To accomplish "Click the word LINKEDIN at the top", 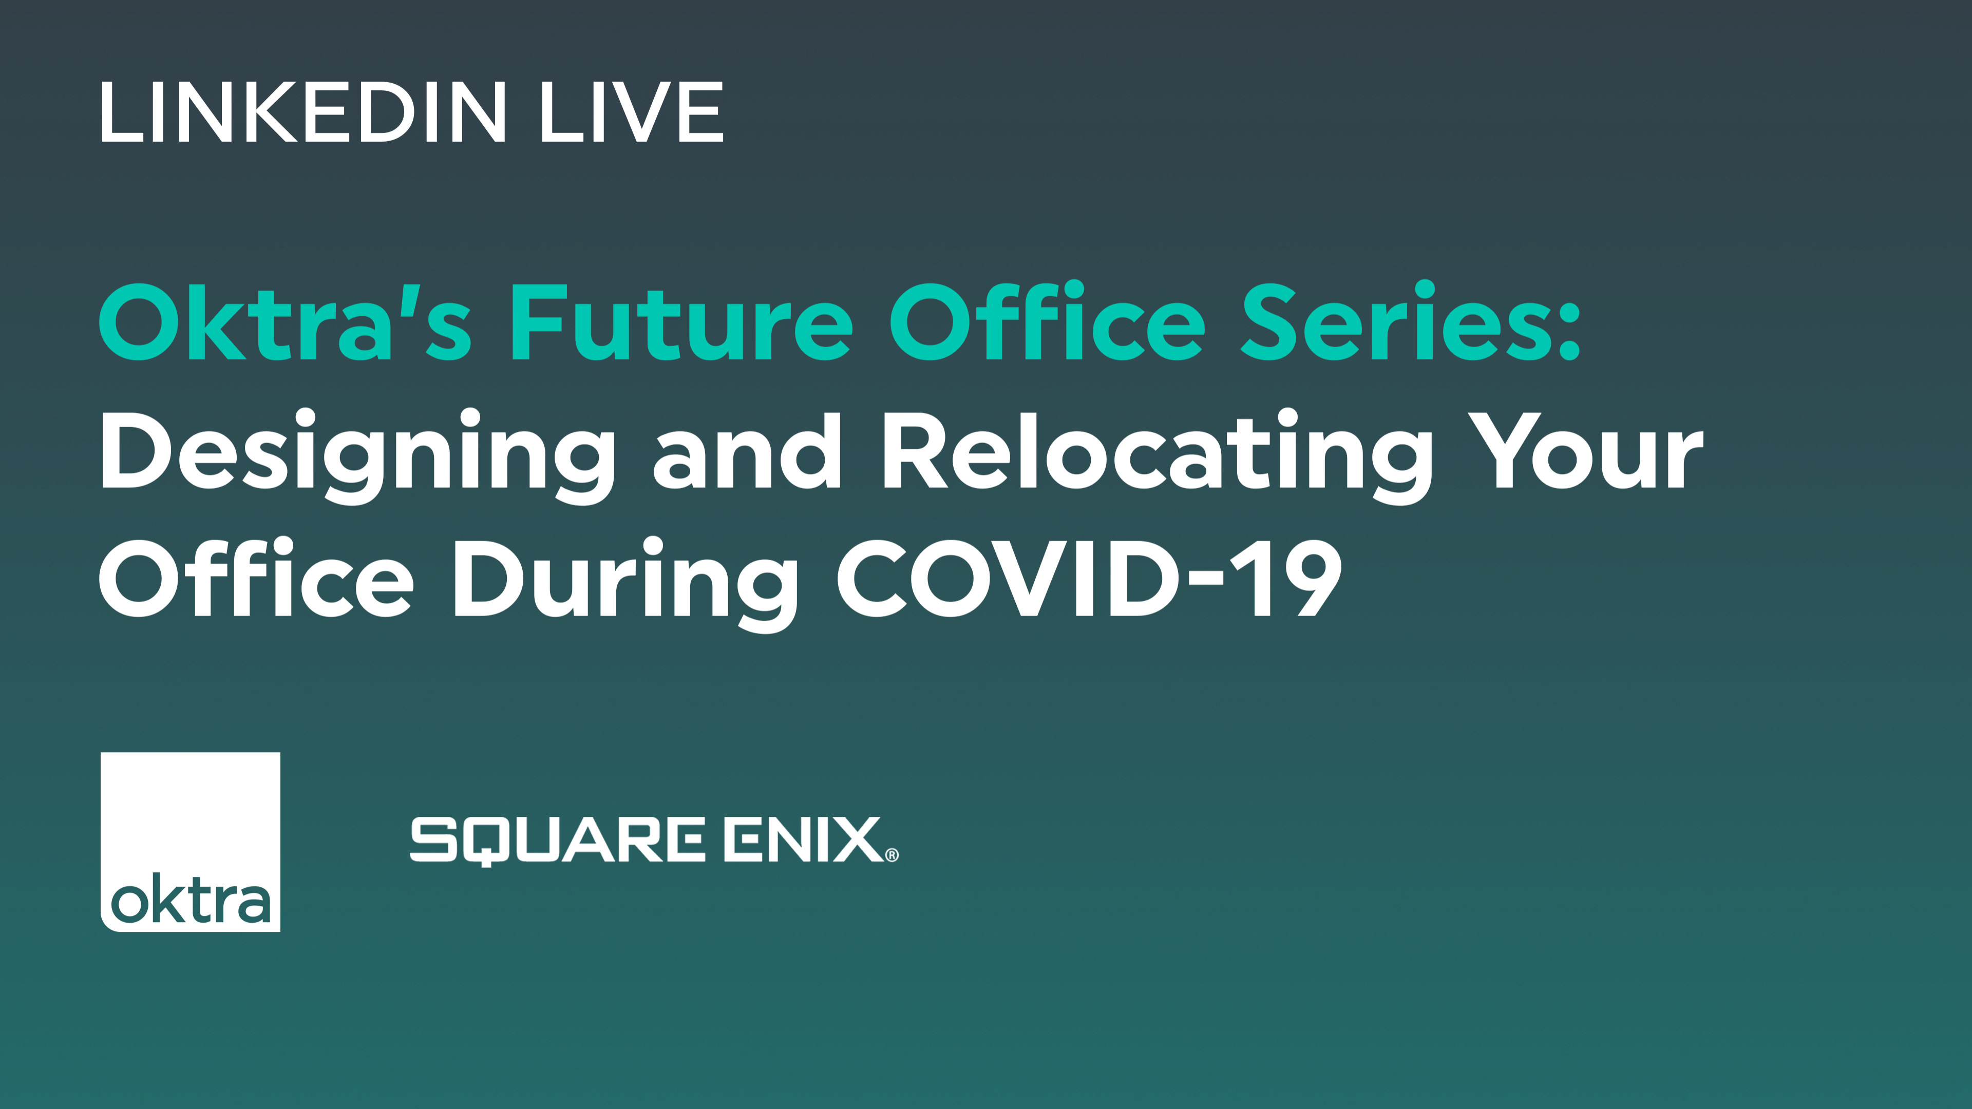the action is click(303, 112).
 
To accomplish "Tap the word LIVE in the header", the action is click(632, 112).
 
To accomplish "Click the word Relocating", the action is click(1156, 456).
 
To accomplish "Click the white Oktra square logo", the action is click(190, 842).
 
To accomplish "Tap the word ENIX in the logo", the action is click(804, 839).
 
